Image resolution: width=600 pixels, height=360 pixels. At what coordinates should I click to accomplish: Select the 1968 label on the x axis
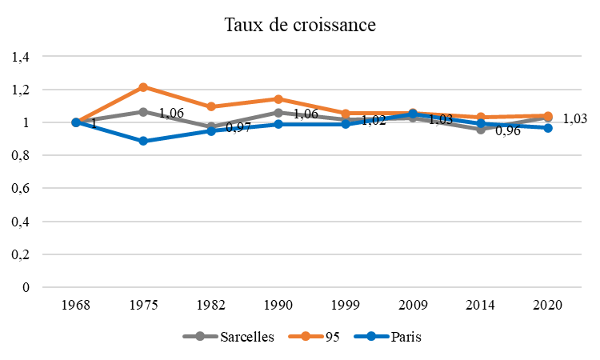pos(76,306)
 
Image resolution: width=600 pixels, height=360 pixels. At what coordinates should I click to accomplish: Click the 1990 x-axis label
pos(278,306)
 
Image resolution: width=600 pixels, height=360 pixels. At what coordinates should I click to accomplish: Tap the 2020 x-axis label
pos(548,306)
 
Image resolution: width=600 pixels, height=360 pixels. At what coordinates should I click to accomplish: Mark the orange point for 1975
pos(143,86)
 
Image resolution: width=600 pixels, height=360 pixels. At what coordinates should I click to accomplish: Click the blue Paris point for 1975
pos(143,141)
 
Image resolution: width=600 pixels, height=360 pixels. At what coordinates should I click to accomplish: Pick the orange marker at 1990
pos(278,99)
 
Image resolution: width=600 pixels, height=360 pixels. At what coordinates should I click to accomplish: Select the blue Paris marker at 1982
pos(211,130)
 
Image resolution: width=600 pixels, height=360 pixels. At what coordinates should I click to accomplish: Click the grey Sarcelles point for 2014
pos(481,129)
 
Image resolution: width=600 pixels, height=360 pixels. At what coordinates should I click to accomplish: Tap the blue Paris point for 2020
pos(548,128)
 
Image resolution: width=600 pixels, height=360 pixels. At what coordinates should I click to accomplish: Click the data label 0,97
pos(238,128)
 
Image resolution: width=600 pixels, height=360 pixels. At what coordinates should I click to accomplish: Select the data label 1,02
pos(374,121)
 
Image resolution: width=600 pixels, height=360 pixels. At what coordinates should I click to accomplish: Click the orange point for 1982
pos(211,106)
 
